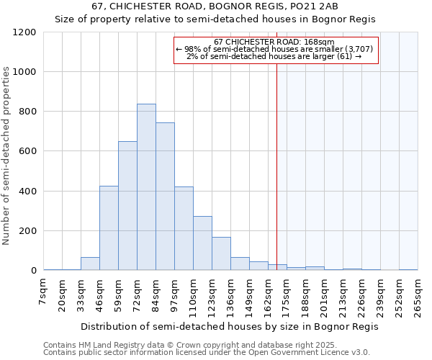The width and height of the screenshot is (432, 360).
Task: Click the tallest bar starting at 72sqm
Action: (x=146, y=187)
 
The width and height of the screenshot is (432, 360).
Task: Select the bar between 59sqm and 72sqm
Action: (x=127, y=206)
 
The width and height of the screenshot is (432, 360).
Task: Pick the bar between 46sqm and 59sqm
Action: (x=109, y=228)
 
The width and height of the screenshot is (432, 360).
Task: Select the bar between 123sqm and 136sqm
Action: (x=221, y=253)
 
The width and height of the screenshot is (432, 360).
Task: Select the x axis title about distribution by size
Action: (x=229, y=326)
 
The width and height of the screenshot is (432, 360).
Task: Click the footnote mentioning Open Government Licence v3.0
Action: (x=207, y=352)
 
